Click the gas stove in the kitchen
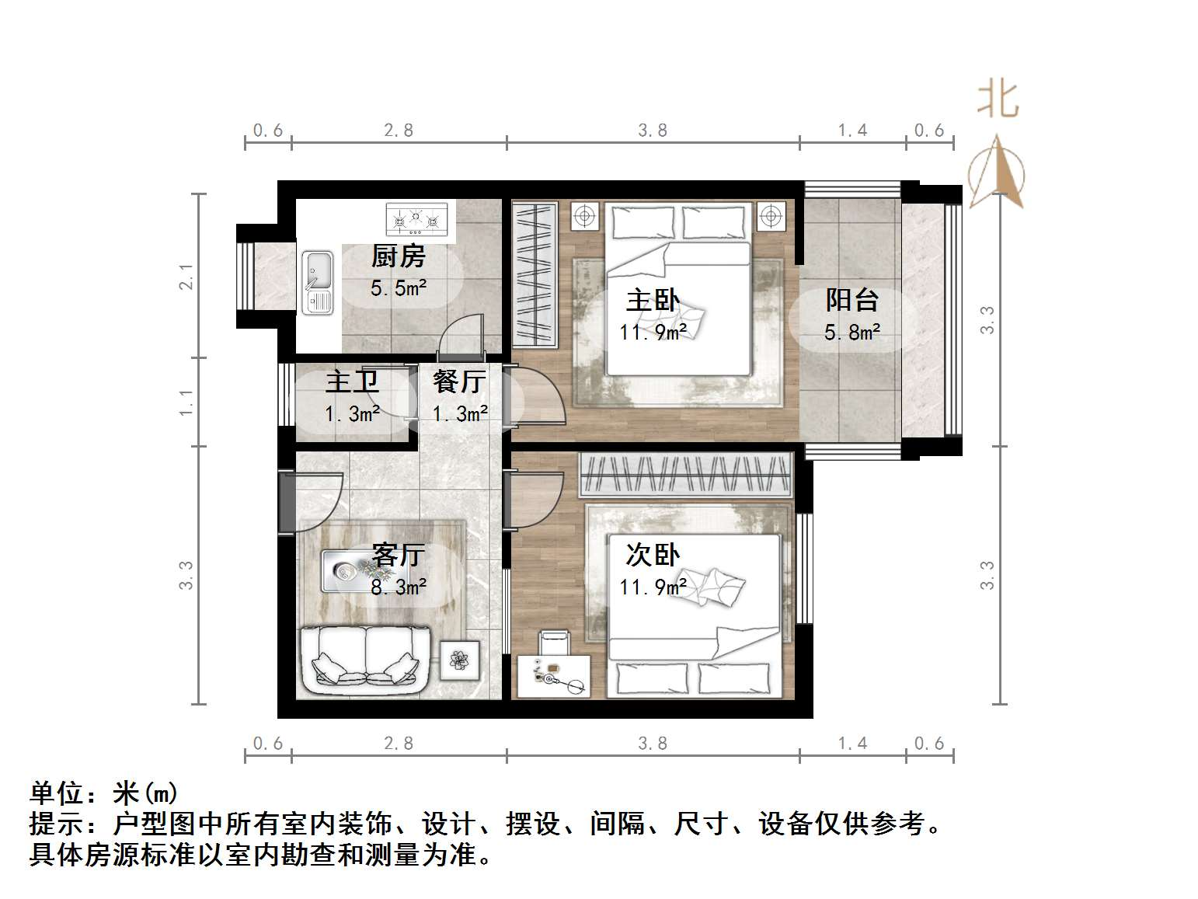(417, 219)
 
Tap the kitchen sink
(317, 282)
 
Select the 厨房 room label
(398, 256)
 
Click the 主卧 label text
(653, 300)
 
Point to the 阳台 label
(851, 300)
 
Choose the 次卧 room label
(653, 555)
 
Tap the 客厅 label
(398, 555)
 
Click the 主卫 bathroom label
(352, 382)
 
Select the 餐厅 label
(459, 382)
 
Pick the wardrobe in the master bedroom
(535, 274)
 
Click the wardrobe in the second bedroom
(686, 474)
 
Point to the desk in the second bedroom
(553, 677)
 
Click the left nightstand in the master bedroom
(585, 215)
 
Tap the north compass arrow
(996, 172)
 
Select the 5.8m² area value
(851, 333)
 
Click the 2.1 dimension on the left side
(186, 277)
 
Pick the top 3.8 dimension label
(653, 131)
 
